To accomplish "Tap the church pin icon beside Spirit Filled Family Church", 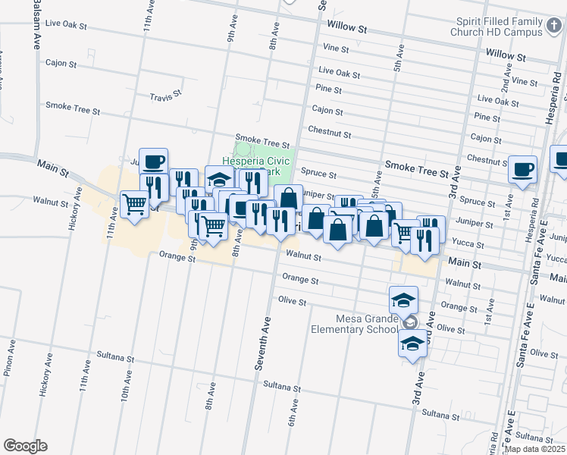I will tap(554, 26).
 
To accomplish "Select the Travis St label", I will tap(166, 96).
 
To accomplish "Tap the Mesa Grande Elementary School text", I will tap(354, 324).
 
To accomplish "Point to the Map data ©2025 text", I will tap(534, 449).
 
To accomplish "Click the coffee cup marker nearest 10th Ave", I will tap(153, 162).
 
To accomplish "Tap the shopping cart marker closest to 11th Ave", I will tap(134, 203).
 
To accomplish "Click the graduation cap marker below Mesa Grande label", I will tap(413, 344).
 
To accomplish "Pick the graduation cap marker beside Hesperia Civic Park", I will tap(219, 180).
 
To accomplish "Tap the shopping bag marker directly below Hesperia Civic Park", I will tap(288, 198).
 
